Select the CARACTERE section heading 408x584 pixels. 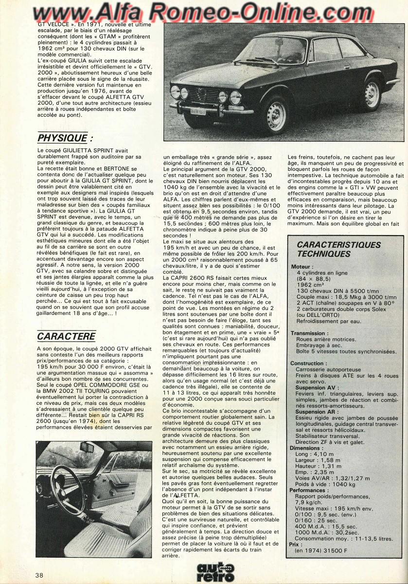tap(66, 336)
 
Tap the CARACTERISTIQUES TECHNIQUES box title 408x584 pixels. tap(338, 249)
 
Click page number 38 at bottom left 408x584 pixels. tap(39, 575)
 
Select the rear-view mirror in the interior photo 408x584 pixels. tap(88, 447)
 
